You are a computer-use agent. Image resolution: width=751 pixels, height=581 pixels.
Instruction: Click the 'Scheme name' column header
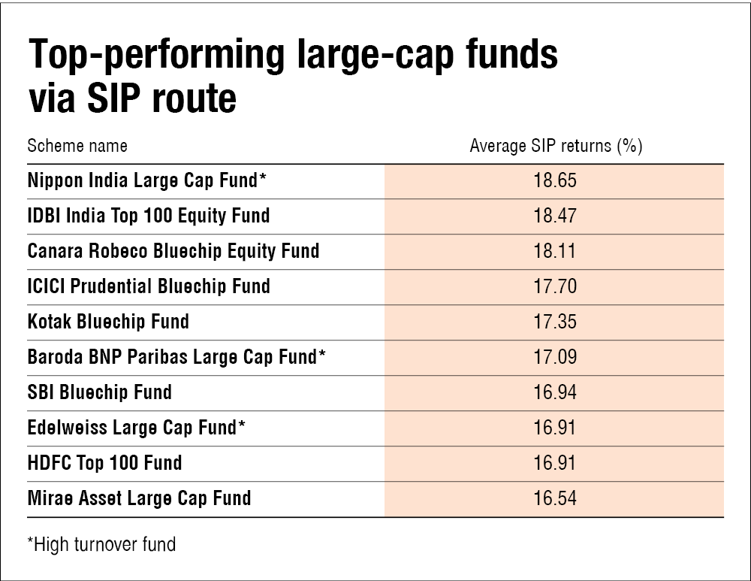[77, 146]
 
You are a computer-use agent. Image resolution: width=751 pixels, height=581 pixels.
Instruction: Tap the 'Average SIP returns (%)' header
[556, 146]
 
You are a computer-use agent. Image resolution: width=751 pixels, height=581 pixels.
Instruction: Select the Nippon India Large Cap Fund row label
[146, 180]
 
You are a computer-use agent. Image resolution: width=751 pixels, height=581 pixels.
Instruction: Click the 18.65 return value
[555, 180]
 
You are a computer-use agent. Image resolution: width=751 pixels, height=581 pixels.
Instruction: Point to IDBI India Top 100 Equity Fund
[149, 216]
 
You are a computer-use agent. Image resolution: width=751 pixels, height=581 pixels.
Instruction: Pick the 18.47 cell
[555, 216]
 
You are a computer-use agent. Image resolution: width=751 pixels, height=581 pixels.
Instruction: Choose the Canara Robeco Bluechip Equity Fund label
[173, 251]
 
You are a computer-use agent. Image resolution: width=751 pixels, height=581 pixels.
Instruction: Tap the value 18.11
[555, 251]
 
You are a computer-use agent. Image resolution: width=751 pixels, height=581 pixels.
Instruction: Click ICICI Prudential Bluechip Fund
[149, 286]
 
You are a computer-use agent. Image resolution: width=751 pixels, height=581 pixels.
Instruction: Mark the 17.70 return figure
[555, 286]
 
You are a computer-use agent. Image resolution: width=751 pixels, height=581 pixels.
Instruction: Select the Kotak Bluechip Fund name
[108, 322]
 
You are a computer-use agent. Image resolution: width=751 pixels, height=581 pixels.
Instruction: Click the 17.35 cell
[555, 322]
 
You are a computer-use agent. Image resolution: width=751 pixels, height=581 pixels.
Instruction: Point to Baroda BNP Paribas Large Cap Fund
[176, 357]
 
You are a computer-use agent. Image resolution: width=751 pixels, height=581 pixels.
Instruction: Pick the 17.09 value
[555, 357]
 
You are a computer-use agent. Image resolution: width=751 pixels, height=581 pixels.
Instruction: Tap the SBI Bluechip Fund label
[100, 392]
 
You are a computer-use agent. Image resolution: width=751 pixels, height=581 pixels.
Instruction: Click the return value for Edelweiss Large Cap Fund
[555, 428]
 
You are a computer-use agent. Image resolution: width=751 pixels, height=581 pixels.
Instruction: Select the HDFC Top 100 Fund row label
[104, 463]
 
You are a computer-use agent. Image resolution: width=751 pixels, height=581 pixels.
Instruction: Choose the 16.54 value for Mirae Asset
[555, 498]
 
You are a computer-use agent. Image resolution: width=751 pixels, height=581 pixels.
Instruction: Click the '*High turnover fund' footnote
[101, 545]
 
